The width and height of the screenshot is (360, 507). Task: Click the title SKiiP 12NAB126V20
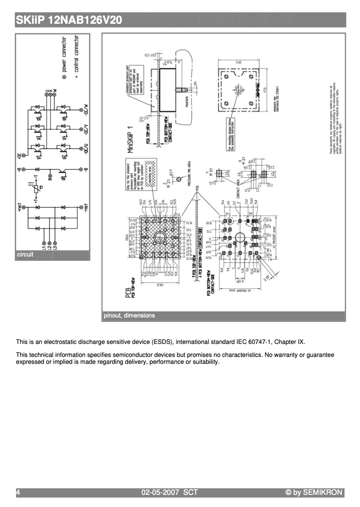(x=69, y=20)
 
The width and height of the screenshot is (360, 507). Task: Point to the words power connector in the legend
(x=64, y=54)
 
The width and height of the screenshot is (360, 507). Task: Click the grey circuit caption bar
(x=52, y=255)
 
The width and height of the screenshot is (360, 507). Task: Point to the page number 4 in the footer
(x=18, y=492)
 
